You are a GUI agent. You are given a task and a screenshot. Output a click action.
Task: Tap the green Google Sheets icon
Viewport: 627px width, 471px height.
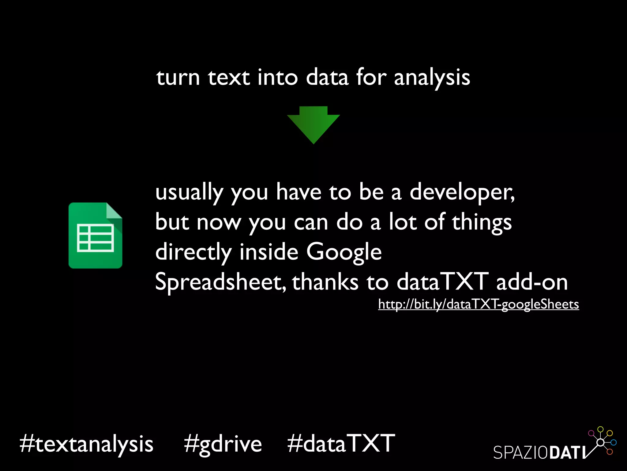[x=95, y=235]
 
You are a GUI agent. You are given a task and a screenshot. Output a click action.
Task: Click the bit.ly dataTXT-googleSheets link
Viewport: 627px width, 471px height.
[x=478, y=304]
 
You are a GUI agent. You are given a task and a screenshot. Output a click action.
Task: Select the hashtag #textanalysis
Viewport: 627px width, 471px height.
[x=86, y=444]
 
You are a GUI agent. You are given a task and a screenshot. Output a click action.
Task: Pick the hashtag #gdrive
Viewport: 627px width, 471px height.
[x=223, y=444]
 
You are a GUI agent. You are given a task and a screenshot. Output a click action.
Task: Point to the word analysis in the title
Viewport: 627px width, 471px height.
[x=432, y=78]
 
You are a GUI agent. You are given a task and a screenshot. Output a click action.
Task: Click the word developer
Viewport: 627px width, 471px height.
[x=462, y=192]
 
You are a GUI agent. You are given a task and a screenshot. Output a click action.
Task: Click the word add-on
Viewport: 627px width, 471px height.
[x=532, y=282]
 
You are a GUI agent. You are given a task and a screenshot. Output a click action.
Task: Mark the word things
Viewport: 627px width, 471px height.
[x=482, y=222]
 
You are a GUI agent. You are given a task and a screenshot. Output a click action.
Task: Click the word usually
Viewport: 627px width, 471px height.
[x=189, y=192]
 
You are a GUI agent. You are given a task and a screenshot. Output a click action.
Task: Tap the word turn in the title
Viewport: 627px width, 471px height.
[x=178, y=78]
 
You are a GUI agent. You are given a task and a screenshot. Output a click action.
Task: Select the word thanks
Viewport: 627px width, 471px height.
[x=325, y=282]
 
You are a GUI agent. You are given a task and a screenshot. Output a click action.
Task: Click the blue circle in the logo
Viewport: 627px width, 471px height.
[x=613, y=442]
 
